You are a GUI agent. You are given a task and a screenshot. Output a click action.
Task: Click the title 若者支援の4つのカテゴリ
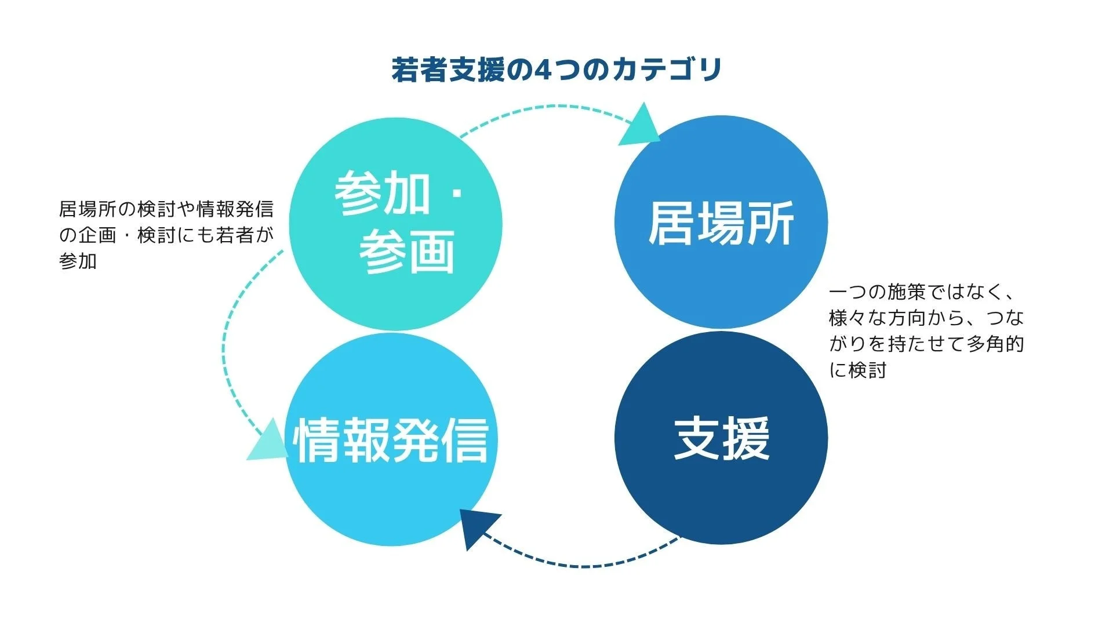[x=556, y=70]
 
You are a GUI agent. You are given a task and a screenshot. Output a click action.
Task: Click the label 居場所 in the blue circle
[x=721, y=224]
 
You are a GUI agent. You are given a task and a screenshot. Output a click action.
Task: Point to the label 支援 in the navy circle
[x=721, y=439]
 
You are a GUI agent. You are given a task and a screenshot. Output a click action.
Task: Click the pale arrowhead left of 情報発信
[x=268, y=442]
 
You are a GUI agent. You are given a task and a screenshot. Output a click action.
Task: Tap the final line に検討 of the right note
[x=858, y=370]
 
